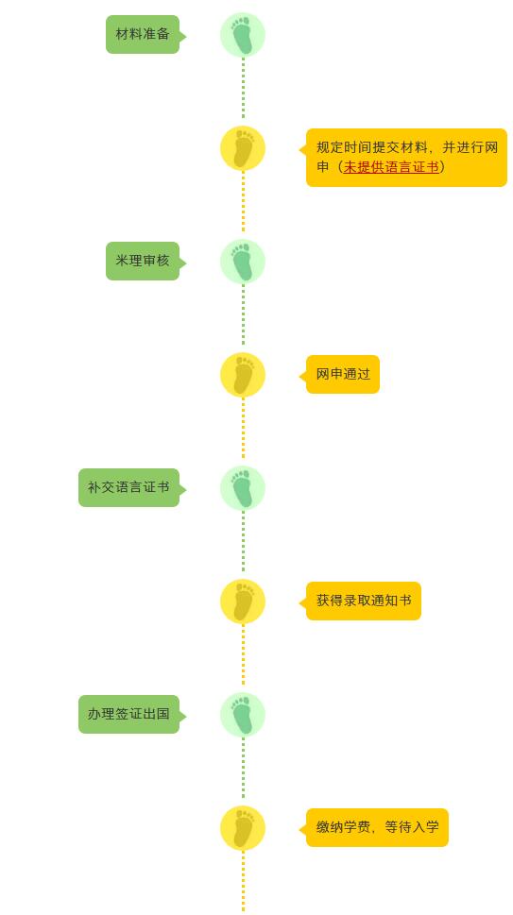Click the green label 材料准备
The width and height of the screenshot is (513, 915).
tap(143, 34)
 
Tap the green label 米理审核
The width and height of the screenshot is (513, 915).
tap(143, 261)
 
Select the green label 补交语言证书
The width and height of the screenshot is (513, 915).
tap(129, 487)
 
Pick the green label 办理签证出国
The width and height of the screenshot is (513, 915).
tap(129, 714)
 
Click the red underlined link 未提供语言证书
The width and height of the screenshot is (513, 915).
tap(390, 167)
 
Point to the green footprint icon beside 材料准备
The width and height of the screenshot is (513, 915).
tap(243, 35)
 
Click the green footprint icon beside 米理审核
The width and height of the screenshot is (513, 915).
tap(243, 262)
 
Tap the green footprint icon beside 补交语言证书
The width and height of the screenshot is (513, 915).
tap(243, 488)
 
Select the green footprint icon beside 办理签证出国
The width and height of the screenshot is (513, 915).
tap(243, 714)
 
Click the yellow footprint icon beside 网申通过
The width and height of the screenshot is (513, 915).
tap(243, 375)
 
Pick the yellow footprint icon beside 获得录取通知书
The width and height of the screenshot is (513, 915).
tap(243, 602)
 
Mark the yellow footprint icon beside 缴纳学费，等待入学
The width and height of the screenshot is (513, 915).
tap(243, 827)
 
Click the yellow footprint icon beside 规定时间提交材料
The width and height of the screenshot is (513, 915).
tap(243, 148)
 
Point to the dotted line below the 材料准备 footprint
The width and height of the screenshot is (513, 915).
tap(244, 88)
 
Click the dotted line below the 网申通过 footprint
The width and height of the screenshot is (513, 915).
tap(244, 428)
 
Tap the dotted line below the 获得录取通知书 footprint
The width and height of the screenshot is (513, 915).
tap(244, 654)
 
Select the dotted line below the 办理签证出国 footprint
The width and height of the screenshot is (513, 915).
tap(244, 768)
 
